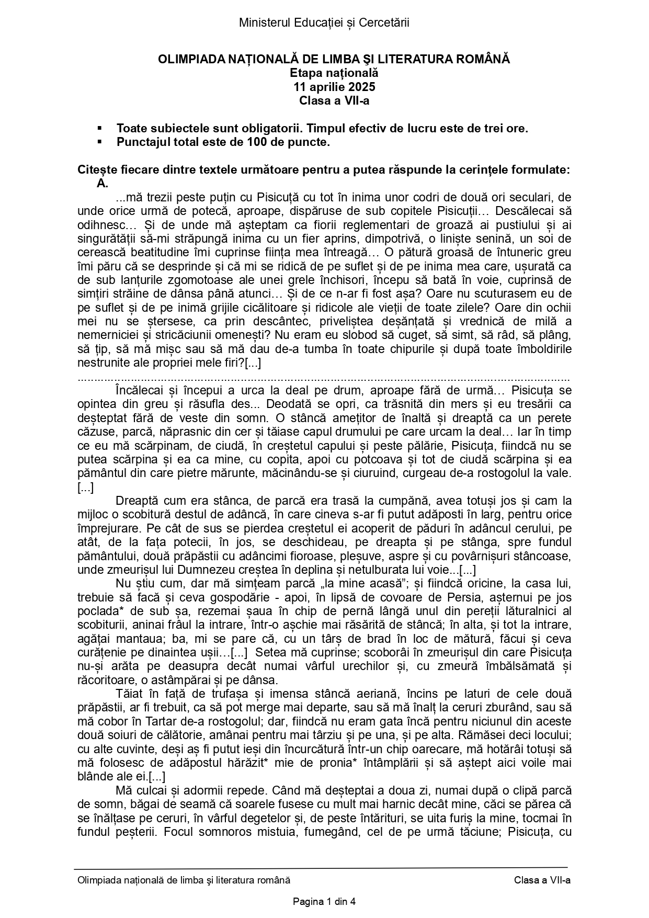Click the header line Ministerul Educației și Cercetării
[324, 22]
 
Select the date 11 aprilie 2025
[334, 87]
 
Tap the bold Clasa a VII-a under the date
[334, 100]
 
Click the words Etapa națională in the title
[334, 73]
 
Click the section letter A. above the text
[102, 184]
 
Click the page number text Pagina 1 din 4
[324, 901]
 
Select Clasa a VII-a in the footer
[542, 880]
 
